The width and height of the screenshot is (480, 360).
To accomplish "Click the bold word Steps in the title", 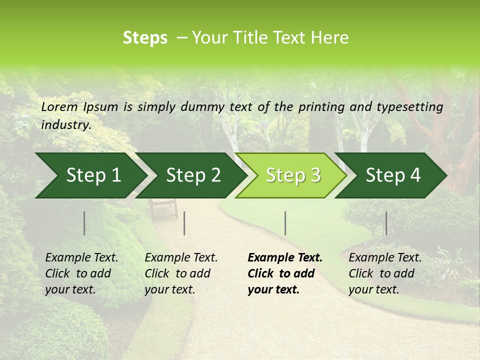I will point(145,38).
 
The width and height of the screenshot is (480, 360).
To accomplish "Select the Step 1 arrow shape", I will point(90,175).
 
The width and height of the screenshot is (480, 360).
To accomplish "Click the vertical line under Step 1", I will point(84,223).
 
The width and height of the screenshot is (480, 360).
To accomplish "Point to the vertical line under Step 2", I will point(184,223).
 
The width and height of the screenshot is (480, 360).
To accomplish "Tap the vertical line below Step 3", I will point(285,223).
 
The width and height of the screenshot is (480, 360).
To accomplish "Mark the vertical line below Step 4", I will point(386,223).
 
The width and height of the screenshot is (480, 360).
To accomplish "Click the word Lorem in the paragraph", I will point(59,106).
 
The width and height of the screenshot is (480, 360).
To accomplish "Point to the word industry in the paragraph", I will point(65,124).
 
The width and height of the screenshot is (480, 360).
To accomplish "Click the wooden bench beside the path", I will point(163,207).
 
